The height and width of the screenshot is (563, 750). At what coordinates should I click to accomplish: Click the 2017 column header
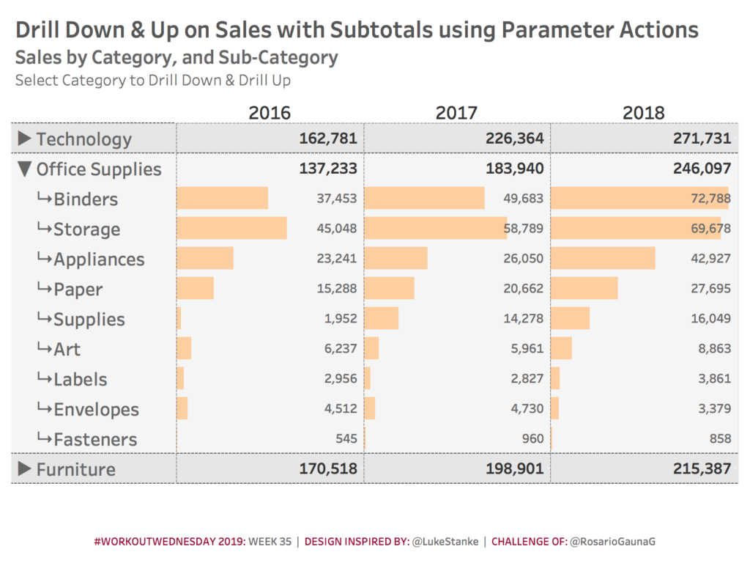pos(456,113)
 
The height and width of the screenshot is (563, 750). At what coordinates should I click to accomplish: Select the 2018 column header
pos(643,113)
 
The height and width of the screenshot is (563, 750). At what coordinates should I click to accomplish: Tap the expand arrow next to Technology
pos(24,138)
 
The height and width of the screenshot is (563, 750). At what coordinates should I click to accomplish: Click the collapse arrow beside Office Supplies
pos(24,169)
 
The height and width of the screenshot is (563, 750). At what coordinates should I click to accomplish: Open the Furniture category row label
pos(76,469)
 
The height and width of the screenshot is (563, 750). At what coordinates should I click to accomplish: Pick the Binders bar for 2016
pos(222,199)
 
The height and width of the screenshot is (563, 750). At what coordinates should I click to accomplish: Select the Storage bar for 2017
pos(435,229)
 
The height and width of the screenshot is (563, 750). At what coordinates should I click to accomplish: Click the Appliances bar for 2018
pos(602,259)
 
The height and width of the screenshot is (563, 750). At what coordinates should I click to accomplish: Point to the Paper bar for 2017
pos(389,289)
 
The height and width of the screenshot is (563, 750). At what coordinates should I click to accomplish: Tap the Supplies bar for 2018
pos(570,319)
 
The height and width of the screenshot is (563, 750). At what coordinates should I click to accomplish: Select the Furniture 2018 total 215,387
pos(702,469)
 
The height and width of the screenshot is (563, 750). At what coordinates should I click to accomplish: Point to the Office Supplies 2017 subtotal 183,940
pos(514,169)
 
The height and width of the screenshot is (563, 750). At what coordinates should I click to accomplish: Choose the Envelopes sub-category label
pos(96,410)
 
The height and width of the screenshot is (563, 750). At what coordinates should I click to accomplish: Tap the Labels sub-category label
pos(80,380)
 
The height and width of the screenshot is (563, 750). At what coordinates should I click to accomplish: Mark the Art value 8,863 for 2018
pos(714,349)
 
